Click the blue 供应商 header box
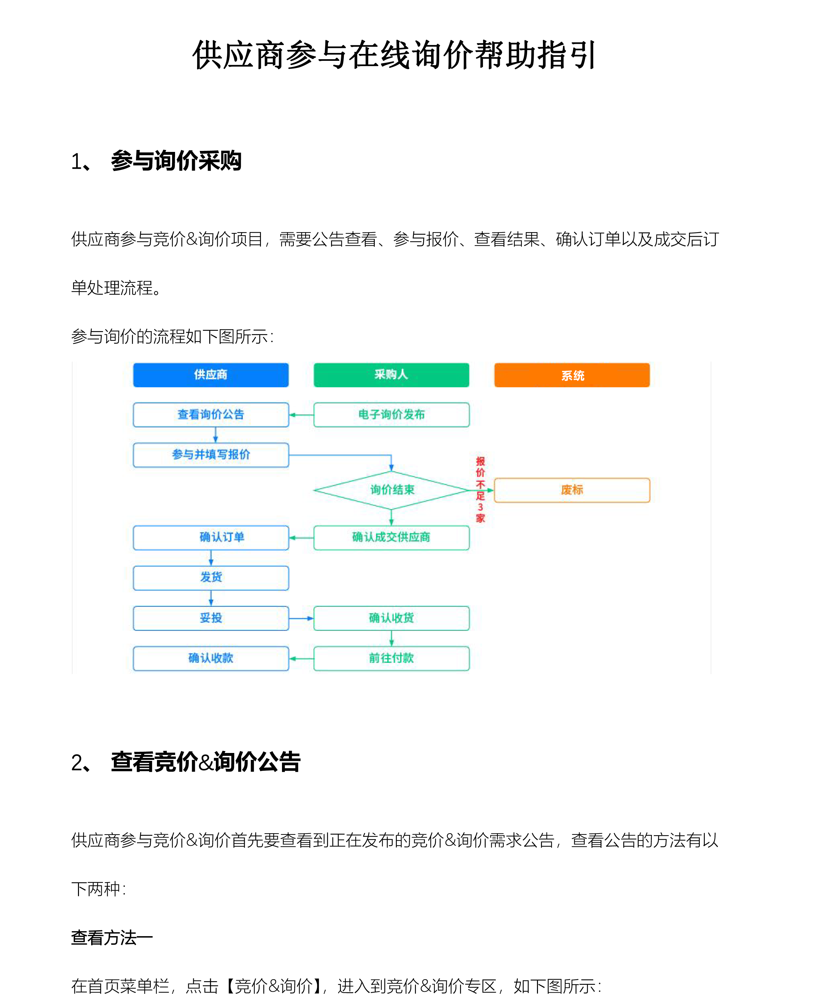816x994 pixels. (211, 375)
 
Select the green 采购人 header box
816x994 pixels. (391, 375)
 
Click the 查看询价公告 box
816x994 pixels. (211, 414)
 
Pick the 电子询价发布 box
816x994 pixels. (391, 414)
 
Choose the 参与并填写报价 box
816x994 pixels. (211, 455)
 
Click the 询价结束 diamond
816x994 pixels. (391, 490)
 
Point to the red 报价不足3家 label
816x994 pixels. (480, 490)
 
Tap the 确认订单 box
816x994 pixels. (211, 537)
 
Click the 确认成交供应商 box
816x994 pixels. (391, 537)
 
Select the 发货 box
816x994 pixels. (211, 578)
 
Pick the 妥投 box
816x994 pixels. (211, 618)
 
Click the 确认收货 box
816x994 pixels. (391, 618)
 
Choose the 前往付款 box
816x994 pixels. (391, 658)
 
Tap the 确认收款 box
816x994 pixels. (211, 658)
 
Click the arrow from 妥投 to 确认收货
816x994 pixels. (301, 618)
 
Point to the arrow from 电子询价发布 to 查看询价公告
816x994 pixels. (301, 415)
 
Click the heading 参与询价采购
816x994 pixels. (176, 161)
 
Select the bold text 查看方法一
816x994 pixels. (112, 937)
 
